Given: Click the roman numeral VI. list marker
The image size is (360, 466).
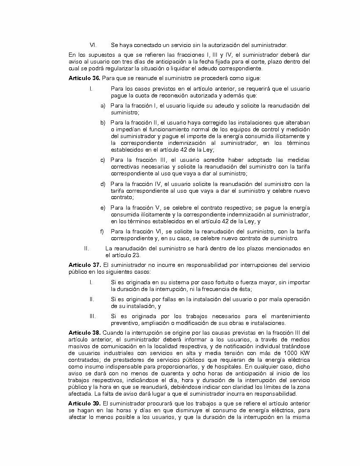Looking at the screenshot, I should pyautogui.click(x=93, y=45).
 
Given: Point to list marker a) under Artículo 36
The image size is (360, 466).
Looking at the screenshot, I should pyautogui.click(x=103, y=105).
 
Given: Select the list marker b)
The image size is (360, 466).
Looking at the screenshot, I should pyautogui.click(x=103, y=123).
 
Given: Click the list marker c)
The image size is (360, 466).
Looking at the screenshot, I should pyautogui.click(x=103, y=160).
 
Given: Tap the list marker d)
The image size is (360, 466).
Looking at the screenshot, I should pyautogui.click(x=103, y=184).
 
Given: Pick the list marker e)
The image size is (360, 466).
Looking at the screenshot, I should pyautogui.click(x=103, y=208).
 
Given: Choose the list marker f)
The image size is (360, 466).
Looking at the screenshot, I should pyautogui.click(x=102, y=231).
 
